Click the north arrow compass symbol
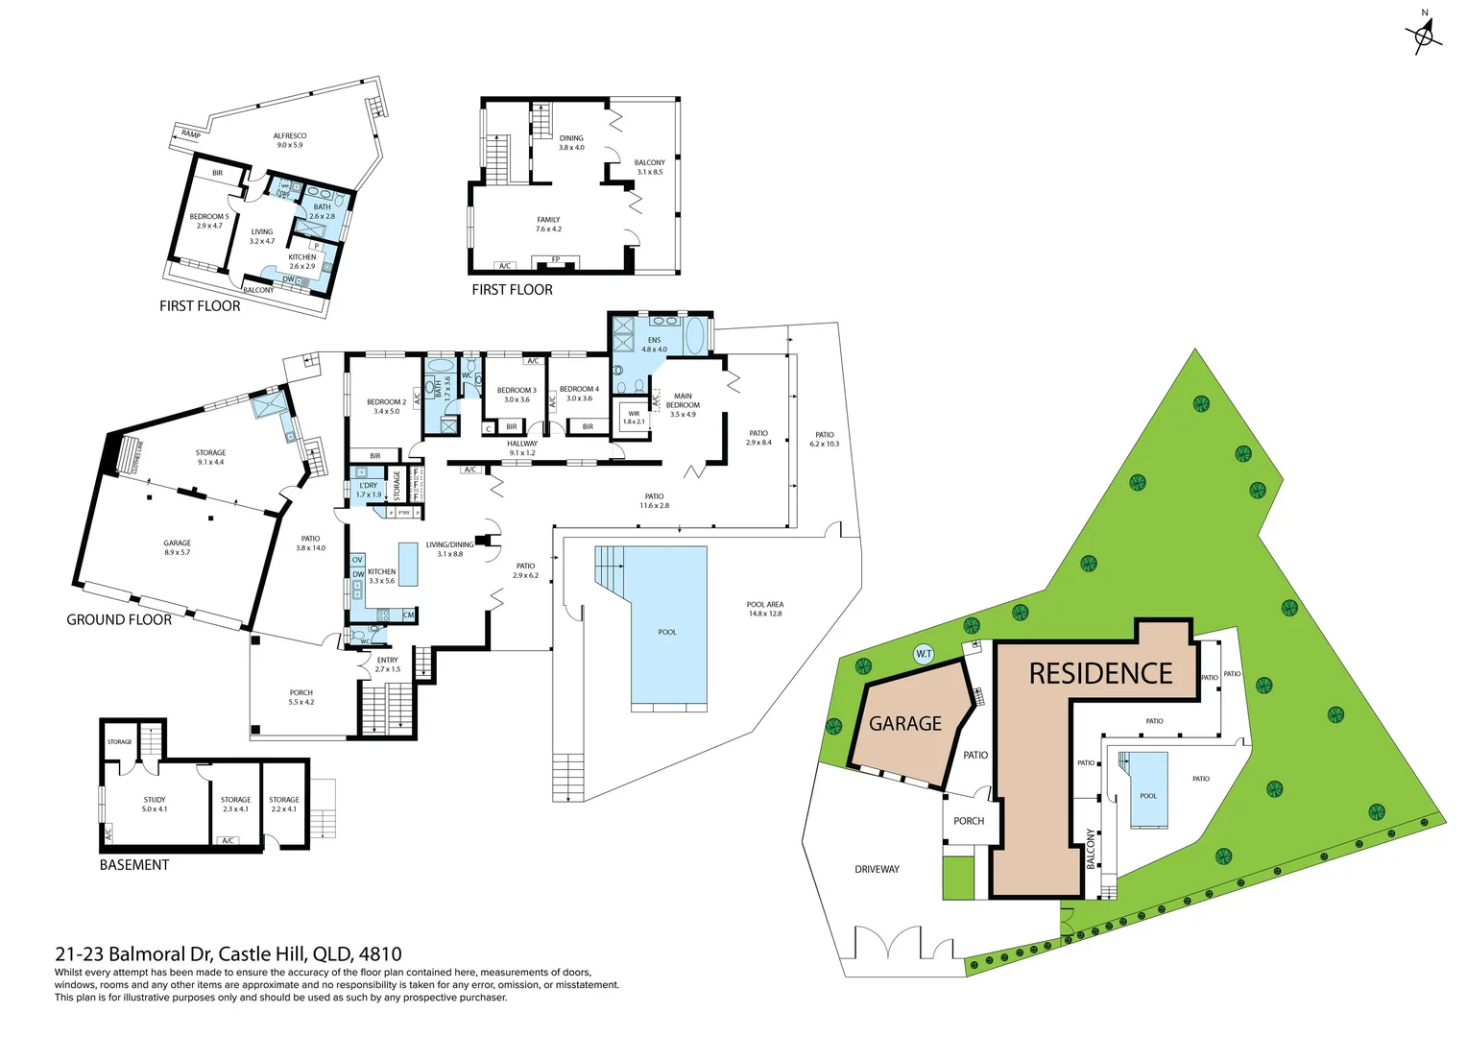1424,36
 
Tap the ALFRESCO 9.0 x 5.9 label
290,140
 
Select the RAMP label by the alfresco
191,134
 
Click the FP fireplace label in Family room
555,260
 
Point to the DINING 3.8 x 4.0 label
571,142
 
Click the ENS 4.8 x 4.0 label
654,345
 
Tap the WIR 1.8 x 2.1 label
634,418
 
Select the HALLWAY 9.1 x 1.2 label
522,447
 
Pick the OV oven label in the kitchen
357,560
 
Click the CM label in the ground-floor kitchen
408,615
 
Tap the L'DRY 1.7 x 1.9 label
369,490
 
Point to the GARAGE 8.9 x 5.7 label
177,547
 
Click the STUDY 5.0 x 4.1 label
155,804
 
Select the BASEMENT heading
134,865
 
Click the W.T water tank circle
924,654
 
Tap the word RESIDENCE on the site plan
1100,674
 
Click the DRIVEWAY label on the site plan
877,869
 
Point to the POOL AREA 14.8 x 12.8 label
765,609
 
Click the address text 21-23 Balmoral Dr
228,954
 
